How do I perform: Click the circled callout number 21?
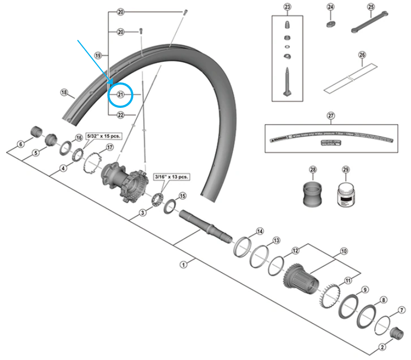point(120,94)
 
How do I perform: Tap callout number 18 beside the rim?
point(64,93)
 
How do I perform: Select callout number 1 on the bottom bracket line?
point(183,265)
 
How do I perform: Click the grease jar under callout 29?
point(345,194)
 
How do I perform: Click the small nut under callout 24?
point(331,23)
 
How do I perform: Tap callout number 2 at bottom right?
point(382,346)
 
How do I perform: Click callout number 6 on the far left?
point(21,144)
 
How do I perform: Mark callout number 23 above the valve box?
point(287,7)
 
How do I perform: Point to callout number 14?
point(260,232)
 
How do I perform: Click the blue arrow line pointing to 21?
point(95,60)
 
